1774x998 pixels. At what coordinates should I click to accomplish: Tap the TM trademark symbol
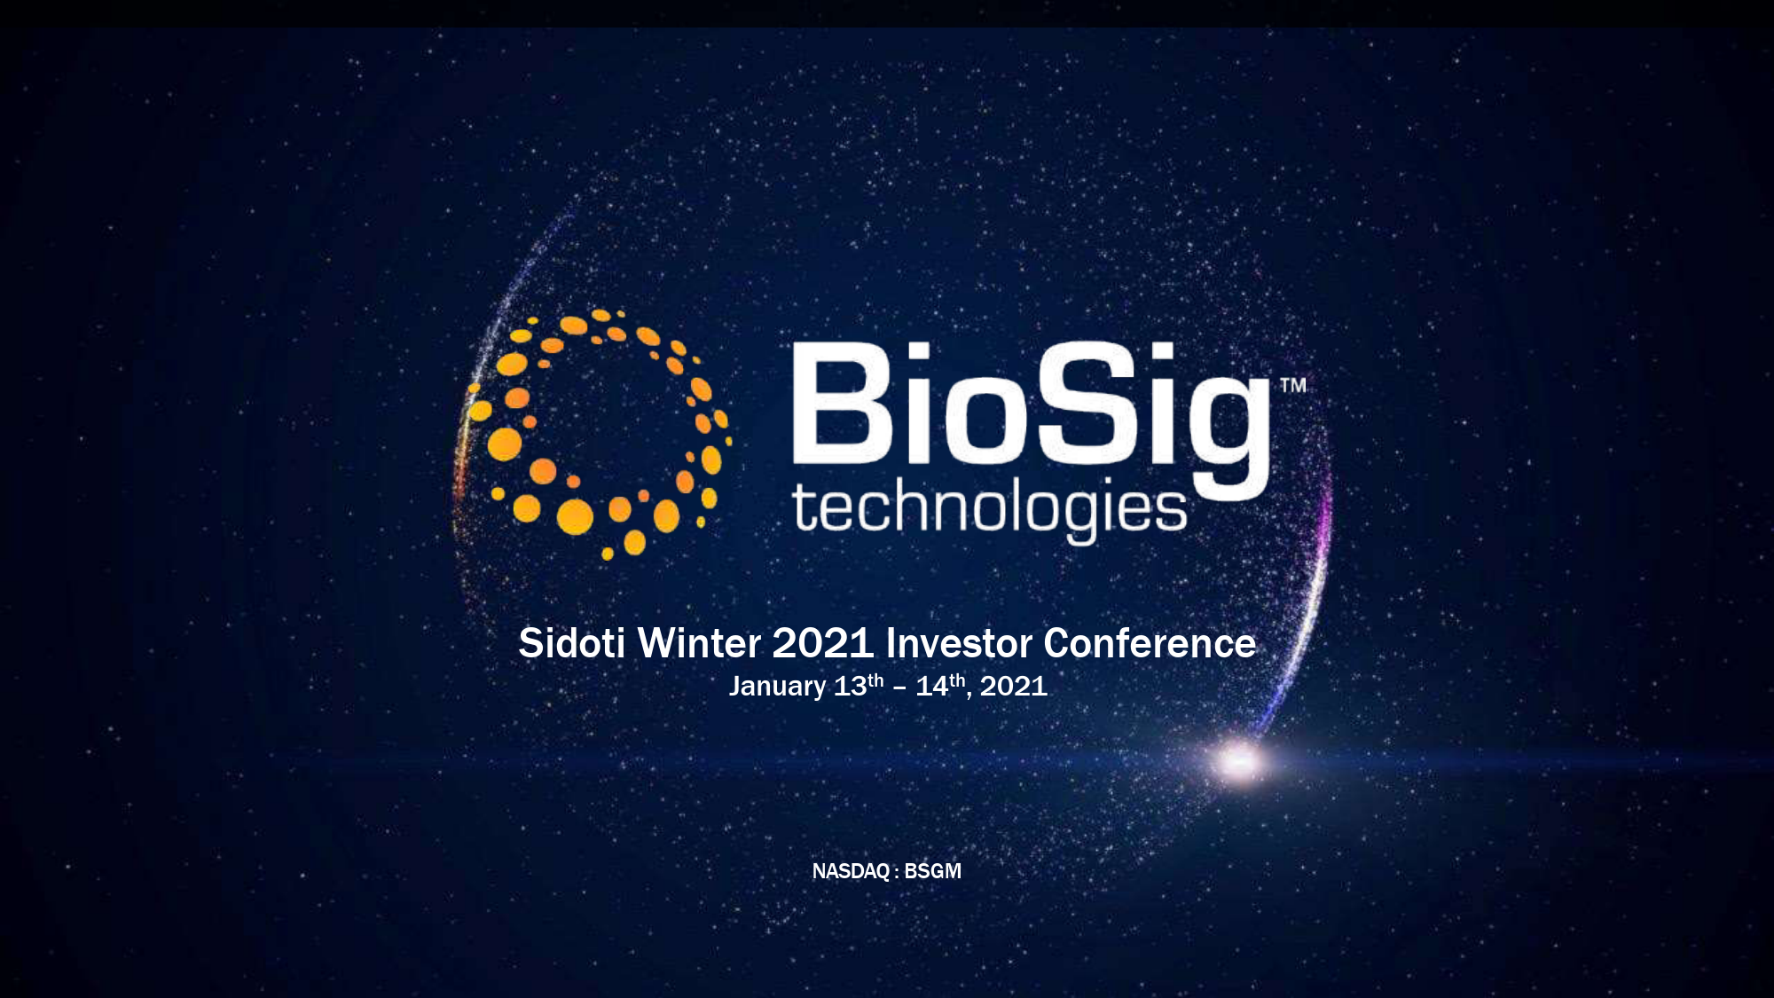click(1293, 385)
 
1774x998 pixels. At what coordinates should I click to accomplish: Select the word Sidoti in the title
click(571, 643)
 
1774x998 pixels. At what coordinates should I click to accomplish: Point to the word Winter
click(700, 643)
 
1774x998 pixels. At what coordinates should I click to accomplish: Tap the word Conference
click(1150, 643)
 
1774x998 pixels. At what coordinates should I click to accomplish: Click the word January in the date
click(777, 687)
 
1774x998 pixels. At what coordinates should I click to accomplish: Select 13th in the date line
click(859, 685)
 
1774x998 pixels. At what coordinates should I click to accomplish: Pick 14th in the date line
click(940, 685)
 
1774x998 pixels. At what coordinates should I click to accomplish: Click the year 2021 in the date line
click(1014, 686)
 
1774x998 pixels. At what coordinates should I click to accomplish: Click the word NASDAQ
click(851, 871)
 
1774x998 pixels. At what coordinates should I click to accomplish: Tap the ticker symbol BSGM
click(932, 871)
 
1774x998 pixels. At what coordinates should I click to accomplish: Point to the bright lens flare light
click(1239, 761)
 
